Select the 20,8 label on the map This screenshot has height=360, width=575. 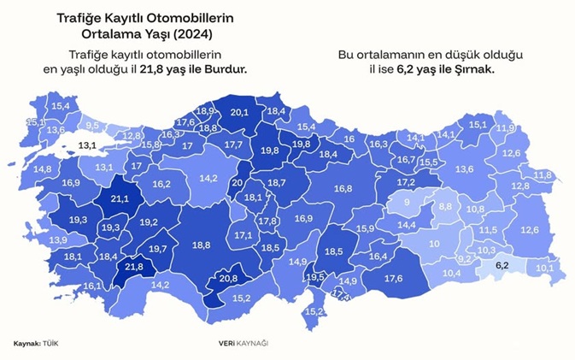tap(228, 278)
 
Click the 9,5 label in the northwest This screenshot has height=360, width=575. tap(94, 126)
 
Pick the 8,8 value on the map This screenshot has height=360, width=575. tap(445, 207)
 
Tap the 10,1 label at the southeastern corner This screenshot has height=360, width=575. tap(544, 268)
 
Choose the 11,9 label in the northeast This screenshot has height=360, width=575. tap(505, 128)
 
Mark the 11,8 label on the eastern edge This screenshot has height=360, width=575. tap(542, 174)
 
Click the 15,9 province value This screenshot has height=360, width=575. tap(365, 228)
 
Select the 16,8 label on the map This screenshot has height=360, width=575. tap(343, 188)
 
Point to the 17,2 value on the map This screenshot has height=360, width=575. tap(406, 182)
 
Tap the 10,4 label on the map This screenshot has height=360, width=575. tap(452, 273)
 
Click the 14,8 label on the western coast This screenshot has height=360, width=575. tap(42, 169)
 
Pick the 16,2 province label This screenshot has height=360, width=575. tap(161, 184)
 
